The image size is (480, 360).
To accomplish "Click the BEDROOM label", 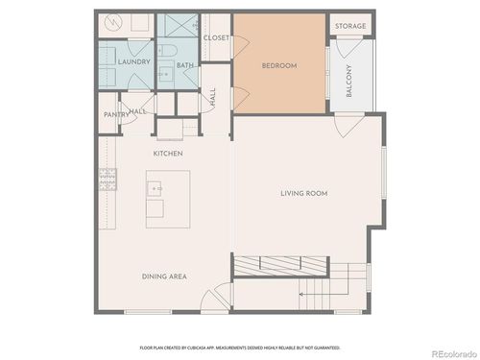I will tap(280, 65).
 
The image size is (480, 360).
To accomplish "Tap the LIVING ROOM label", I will tap(304, 193).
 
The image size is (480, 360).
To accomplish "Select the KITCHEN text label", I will tap(168, 153).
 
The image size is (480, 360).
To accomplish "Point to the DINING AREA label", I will tap(164, 276).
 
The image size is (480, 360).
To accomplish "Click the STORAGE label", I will tap(349, 26).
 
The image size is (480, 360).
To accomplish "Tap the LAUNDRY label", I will tap(132, 61).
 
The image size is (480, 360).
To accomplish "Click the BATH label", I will tap(184, 65).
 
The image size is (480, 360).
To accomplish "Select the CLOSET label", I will tap(216, 37).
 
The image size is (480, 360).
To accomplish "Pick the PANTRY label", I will tap(116, 114).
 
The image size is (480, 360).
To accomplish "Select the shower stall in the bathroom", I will tap(179, 28).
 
